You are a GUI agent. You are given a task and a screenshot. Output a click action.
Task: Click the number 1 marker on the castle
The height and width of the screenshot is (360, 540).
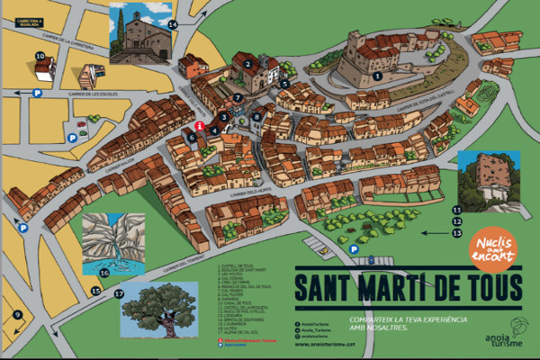point(377,77)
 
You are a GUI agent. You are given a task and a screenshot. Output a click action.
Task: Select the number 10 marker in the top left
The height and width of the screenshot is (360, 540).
point(40,56)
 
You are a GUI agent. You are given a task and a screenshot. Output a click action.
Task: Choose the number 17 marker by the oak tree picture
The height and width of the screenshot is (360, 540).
point(119,293)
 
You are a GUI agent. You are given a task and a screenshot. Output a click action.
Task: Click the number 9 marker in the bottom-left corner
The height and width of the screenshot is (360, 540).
point(16,313)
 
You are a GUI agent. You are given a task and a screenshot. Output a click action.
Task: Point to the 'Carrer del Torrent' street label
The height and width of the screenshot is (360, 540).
point(184,261)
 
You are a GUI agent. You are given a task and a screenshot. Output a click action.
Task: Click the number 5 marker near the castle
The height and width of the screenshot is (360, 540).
point(283,83)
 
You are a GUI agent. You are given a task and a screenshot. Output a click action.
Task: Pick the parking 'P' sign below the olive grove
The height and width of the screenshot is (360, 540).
point(354,249)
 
